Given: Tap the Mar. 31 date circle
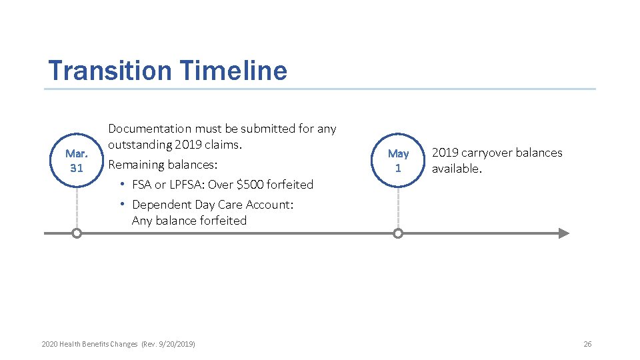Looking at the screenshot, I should click(x=77, y=161).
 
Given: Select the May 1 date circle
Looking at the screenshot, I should click(x=398, y=161).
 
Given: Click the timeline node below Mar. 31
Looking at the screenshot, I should click(x=77, y=233).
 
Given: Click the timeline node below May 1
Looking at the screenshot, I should click(x=398, y=233).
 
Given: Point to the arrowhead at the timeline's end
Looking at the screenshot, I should click(x=564, y=233).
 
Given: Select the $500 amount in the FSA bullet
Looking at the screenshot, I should click(x=251, y=185).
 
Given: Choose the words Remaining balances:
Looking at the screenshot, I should click(x=163, y=165).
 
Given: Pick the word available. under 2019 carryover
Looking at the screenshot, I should click(x=456, y=169).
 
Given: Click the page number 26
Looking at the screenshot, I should click(x=587, y=344).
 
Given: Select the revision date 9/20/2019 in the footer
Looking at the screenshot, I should click(x=175, y=344).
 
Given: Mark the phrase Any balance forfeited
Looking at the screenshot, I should click(x=189, y=221).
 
